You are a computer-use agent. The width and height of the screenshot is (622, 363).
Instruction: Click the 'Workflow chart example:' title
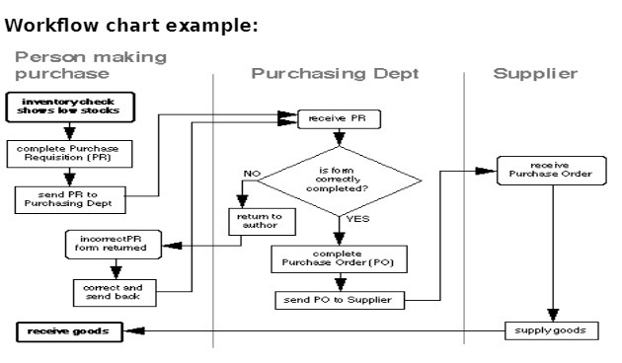[131, 25]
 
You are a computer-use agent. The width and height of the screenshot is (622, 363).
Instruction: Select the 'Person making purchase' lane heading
[91, 65]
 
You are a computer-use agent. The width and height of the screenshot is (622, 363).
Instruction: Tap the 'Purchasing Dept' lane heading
[335, 74]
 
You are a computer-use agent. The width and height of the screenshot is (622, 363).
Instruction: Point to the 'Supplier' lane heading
[535, 74]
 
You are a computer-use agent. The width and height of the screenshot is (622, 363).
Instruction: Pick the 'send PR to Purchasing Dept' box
[68, 198]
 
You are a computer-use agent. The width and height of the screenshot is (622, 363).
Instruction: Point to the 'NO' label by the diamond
[253, 174]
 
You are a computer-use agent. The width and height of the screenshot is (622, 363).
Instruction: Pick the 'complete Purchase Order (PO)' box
[339, 258]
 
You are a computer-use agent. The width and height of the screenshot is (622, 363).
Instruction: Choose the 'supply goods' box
[551, 329]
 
